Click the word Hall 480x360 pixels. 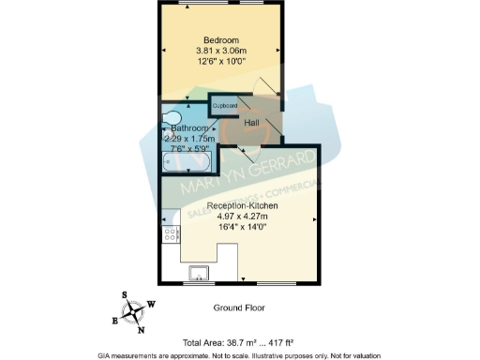click(252, 123)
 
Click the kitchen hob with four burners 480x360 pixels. click(172, 234)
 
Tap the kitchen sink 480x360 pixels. click(199, 273)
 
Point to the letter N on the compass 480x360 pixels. click(141, 329)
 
